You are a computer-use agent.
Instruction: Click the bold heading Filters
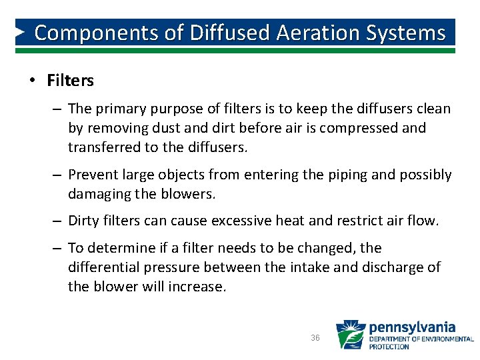tap(71, 81)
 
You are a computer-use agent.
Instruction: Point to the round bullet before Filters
tap(31, 81)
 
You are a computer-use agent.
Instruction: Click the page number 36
tap(315, 338)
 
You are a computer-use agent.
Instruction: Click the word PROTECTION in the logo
tap(390, 347)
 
